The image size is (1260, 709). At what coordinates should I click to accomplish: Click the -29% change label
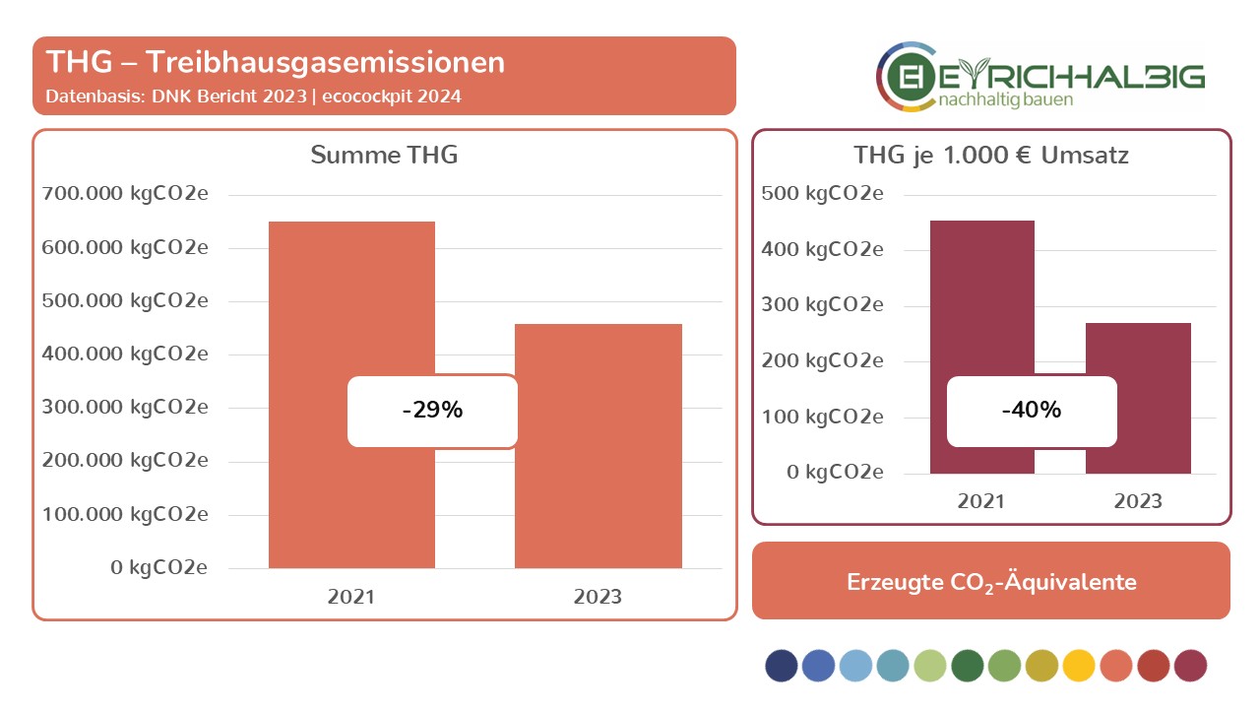pyautogui.click(x=432, y=411)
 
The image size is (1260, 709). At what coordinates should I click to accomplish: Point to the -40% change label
pyautogui.click(x=1032, y=411)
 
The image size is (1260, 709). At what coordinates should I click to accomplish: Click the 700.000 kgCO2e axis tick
pyautogui.click(x=125, y=194)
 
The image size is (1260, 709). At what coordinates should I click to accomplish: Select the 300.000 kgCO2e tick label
pyautogui.click(x=125, y=407)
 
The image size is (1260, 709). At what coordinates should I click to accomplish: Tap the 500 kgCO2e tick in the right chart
pyautogui.click(x=822, y=194)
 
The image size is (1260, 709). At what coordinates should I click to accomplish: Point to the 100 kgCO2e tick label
pyautogui.click(x=822, y=417)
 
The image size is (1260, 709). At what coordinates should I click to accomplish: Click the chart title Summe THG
pyautogui.click(x=384, y=155)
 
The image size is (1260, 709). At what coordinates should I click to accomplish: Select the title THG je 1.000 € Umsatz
pyautogui.click(x=991, y=156)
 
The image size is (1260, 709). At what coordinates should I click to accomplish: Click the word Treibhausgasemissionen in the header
pyautogui.click(x=326, y=62)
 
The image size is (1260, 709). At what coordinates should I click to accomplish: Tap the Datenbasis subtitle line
pyautogui.click(x=254, y=97)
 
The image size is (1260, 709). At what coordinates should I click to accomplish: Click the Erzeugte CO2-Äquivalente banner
pyautogui.click(x=991, y=581)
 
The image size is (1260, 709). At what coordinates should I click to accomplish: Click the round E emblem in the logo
pyautogui.click(x=908, y=77)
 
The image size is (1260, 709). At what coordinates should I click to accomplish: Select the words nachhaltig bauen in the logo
pyautogui.click(x=1006, y=99)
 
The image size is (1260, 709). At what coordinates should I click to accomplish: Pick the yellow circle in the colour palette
pyautogui.click(x=1079, y=665)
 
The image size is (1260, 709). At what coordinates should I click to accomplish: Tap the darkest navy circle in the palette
pyautogui.click(x=782, y=665)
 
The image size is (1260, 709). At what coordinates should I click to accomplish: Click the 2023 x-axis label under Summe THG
pyautogui.click(x=598, y=597)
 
